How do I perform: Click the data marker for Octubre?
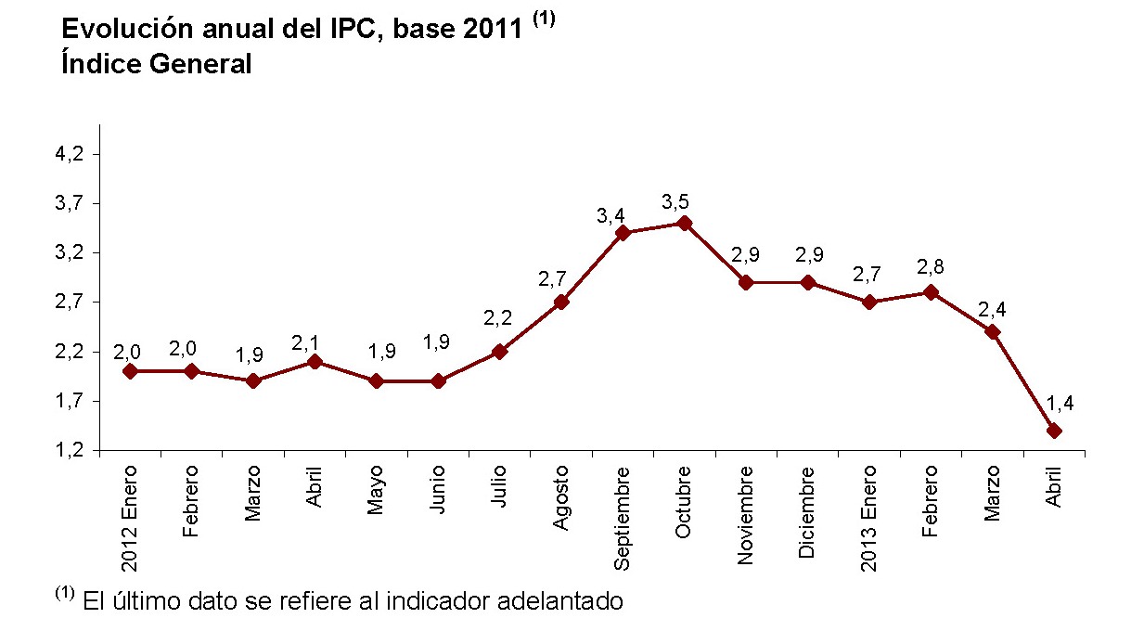(685, 223)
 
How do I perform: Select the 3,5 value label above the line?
(675, 201)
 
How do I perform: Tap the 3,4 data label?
(611, 215)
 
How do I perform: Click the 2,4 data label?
(993, 309)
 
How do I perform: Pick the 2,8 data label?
(931, 266)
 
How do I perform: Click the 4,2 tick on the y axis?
(71, 154)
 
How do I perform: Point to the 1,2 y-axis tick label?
(71, 451)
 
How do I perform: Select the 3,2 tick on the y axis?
(71, 252)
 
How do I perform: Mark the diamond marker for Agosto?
(561, 302)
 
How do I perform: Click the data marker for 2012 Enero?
(130, 371)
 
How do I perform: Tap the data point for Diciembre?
(808, 282)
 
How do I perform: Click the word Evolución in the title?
(120, 30)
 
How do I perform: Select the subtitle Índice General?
(156, 65)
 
